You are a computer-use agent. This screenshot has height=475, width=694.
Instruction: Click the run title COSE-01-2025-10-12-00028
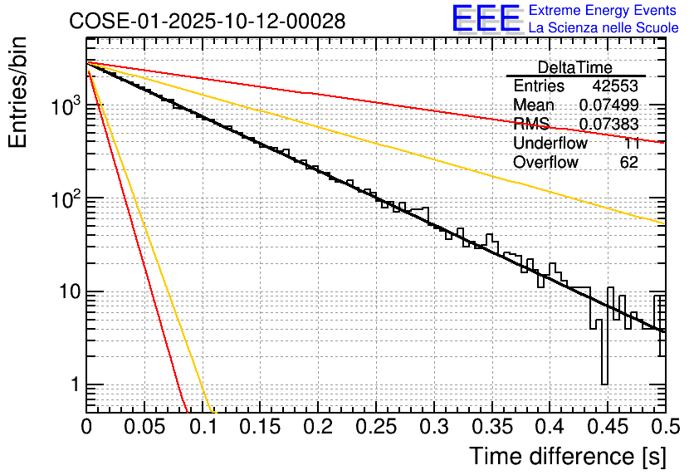coord(208,22)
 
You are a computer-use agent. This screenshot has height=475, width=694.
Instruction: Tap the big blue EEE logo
coord(486,19)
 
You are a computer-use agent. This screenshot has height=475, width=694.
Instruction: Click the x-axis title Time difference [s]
coord(565,457)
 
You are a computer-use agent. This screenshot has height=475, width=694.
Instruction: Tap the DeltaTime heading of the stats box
coord(574,67)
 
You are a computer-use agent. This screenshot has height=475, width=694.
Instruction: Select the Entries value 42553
coord(615,86)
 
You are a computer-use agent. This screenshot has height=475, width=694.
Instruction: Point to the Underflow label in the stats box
coord(550,144)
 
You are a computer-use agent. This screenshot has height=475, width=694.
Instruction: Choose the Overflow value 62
coord(628,163)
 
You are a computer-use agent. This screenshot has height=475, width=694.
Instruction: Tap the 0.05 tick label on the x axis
coord(144,428)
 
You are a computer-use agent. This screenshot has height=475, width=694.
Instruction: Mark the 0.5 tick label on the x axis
coord(663,428)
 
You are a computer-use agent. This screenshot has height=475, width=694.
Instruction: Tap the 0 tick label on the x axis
coord(86,428)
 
